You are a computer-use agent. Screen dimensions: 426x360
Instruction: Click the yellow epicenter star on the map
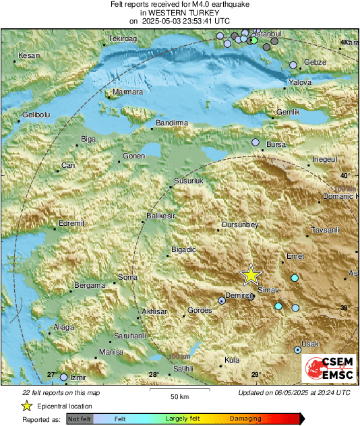pos(251,274)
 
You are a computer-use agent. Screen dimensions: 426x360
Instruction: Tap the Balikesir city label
pos(160,216)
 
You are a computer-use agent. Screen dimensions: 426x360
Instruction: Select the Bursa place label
pos(276,145)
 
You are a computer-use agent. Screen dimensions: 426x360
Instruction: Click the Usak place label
pos(311,344)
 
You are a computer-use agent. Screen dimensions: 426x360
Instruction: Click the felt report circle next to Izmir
pos(64,377)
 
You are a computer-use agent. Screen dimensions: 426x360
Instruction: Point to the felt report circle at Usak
pos(298,350)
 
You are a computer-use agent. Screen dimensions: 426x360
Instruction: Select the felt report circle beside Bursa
pos(256,142)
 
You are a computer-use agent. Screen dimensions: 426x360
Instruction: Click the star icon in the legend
pos(26,406)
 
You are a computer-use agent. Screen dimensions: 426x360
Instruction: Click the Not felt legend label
pos(80,419)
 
